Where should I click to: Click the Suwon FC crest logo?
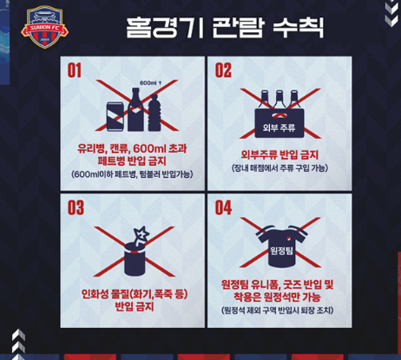(x=45, y=27)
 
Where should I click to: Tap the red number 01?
(x=75, y=70)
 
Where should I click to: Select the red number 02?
(x=223, y=70)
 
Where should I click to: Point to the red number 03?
(x=76, y=207)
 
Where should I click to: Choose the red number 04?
(x=223, y=207)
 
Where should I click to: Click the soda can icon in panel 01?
(x=115, y=116)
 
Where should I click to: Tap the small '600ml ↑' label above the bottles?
(x=151, y=83)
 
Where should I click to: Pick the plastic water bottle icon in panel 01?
(x=154, y=113)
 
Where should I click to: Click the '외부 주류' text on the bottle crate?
(x=279, y=128)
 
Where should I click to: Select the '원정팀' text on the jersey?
(x=281, y=251)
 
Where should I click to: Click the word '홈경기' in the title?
(x=165, y=28)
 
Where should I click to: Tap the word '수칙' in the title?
(x=299, y=28)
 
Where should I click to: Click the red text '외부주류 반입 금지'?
(x=279, y=154)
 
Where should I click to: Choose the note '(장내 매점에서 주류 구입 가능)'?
(x=279, y=168)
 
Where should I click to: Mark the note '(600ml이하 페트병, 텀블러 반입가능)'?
(x=132, y=174)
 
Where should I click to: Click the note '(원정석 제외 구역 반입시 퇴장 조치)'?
(x=278, y=311)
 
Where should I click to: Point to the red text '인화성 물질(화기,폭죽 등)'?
(x=135, y=294)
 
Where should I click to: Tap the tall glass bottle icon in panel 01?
(x=135, y=109)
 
